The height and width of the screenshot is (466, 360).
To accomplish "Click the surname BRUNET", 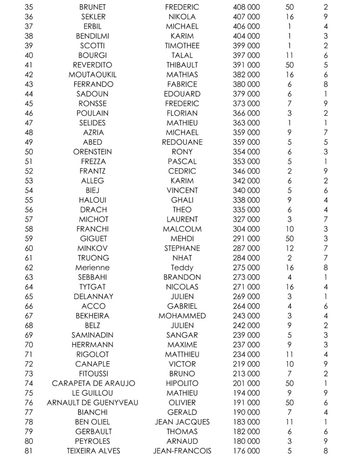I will point(92,7).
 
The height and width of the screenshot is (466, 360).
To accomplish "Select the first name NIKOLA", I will point(182,17).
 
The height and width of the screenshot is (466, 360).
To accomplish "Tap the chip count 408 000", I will point(246,7).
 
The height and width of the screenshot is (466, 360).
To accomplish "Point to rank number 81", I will point(29,451).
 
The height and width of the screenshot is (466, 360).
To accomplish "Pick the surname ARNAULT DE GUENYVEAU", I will point(92,402).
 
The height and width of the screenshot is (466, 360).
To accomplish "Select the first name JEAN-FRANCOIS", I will point(182,451).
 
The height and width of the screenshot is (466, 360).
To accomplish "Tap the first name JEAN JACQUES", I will point(182,422).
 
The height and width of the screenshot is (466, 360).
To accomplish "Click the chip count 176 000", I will point(246,451).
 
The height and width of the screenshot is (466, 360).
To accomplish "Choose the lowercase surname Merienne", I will point(92,267).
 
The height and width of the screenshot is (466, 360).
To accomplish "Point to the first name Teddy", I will point(182,267).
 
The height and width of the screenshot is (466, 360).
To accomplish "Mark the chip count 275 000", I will point(246,267).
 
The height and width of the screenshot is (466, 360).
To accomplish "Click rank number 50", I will point(29,152).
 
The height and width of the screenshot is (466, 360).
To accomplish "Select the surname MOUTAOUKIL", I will point(92,75).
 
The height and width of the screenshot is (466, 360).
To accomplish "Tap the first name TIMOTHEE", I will point(182,46).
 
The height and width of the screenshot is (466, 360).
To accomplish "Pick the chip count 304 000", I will point(246,229).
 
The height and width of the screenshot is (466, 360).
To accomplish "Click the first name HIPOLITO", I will point(182,383).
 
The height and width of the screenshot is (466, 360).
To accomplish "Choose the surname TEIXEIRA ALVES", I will point(92,451).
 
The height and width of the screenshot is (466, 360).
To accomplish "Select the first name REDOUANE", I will point(182,142).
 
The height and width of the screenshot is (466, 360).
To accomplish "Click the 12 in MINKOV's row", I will point(289,248).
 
